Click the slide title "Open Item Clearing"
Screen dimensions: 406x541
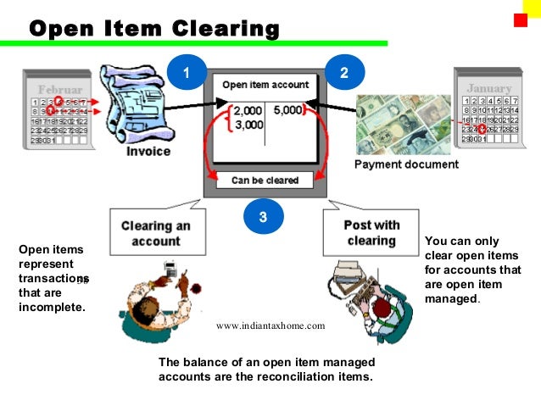pyautogui.click(x=154, y=29)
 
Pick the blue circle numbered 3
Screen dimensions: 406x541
pyautogui.click(x=264, y=217)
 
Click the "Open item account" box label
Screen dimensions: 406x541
pyautogui.click(x=265, y=85)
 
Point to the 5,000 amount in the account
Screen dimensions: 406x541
pyautogui.click(x=288, y=110)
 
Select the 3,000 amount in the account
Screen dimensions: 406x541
pyautogui.click(x=248, y=125)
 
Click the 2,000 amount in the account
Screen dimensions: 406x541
pyautogui.click(x=248, y=111)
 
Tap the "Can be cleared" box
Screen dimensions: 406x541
pyautogui.click(x=265, y=180)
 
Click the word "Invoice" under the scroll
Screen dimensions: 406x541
pyautogui.click(x=148, y=152)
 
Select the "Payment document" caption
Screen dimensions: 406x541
pyautogui.click(x=406, y=164)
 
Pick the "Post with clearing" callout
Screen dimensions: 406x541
pyautogui.click(x=371, y=233)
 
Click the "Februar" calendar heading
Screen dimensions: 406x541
pyautogui.click(x=60, y=89)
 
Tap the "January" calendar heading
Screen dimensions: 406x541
pyautogui.click(x=489, y=88)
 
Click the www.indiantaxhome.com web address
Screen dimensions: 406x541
pyautogui.click(x=270, y=325)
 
